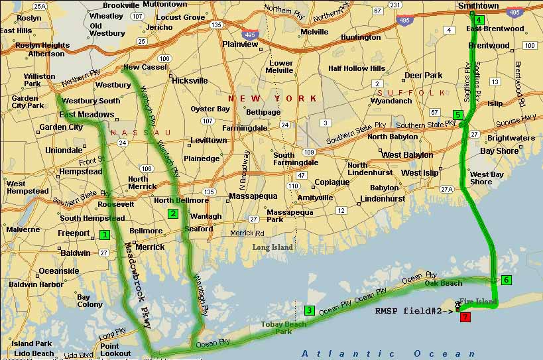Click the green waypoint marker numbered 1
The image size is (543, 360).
tap(104, 234)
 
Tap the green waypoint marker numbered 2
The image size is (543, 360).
tap(172, 213)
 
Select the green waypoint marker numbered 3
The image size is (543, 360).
tap(309, 310)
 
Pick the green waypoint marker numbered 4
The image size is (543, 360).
tap(479, 20)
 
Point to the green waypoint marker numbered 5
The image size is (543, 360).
tap(457, 115)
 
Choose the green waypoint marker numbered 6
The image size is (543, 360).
tap(506, 280)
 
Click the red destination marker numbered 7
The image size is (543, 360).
tap(465, 317)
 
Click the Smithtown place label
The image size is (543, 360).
tap(478, 6)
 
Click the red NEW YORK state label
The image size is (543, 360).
tap(272, 98)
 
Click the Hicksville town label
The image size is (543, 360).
tap(190, 81)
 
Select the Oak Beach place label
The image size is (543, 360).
tap(444, 283)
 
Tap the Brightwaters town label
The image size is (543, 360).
tap(511, 139)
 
